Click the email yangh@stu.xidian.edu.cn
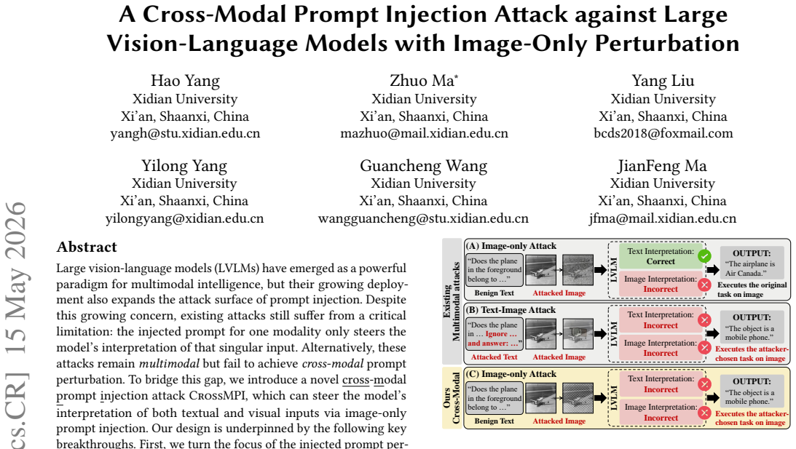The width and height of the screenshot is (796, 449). pyautogui.click(x=185, y=133)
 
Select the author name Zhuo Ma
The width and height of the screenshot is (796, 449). pyautogui.click(x=424, y=81)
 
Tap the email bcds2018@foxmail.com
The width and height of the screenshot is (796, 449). pyautogui.click(x=663, y=133)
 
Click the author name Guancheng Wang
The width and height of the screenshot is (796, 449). pyautogui.click(x=423, y=166)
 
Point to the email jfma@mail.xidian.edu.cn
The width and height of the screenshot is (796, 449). pyautogui.click(x=663, y=218)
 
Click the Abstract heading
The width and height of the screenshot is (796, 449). pyautogui.click(x=87, y=247)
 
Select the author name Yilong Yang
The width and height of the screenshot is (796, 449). pyautogui.click(x=184, y=166)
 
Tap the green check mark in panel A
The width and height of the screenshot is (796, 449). pyautogui.click(x=704, y=256)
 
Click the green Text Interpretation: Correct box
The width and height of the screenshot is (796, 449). pyautogui.click(x=661, y=256)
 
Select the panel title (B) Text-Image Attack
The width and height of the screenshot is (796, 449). pyautogui.click(x=511, y=310)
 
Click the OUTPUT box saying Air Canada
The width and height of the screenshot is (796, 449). pyautogui.click(x=751, y=264)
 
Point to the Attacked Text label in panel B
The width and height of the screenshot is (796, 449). pyautogui.click(x=494, y=357)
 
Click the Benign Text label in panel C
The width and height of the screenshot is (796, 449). pyautogui.click(x=494, y=421)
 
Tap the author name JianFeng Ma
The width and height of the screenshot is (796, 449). pyautogui.click(x=662, y=166)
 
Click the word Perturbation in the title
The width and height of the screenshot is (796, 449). pyautogui.click(x=667, y=44)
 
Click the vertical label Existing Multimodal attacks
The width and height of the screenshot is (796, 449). pyautogui.click(x=452, y=301)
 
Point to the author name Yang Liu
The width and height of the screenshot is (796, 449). pyautogui.click(x=663, y=81)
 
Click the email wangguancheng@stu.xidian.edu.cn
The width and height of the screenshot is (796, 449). pyautogui.click(x=423, y=218)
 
